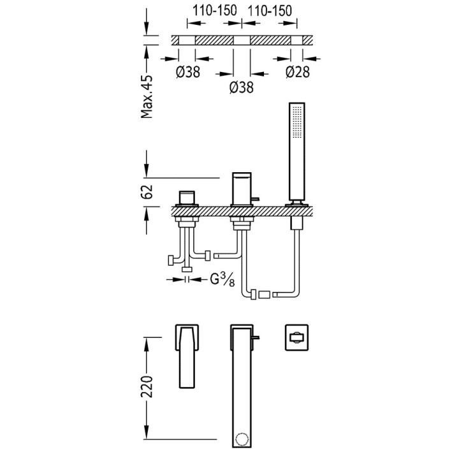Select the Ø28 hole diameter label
297,72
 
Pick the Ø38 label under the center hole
242,87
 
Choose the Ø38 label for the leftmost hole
188,72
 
